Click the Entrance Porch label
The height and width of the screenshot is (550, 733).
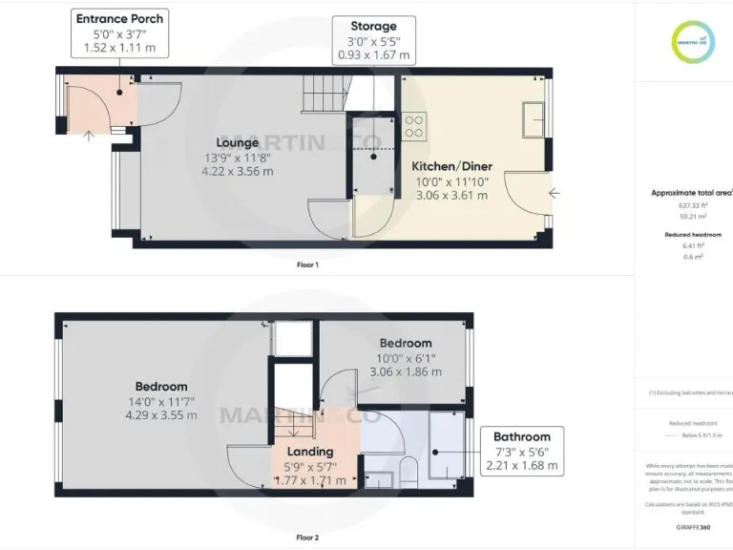119,18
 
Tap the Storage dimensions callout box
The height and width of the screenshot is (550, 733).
373,40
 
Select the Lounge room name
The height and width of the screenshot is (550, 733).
237,142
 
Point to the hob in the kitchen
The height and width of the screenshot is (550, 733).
415,124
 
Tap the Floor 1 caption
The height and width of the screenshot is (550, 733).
307,264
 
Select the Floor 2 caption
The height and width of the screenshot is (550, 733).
307,538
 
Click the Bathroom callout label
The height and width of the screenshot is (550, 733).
521,436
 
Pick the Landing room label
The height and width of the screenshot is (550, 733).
310,451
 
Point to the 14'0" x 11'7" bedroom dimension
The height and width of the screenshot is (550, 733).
161,401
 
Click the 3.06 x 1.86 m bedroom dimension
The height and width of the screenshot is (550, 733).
406,372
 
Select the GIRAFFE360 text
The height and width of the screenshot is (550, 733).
693,526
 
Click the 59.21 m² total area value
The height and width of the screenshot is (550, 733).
692,216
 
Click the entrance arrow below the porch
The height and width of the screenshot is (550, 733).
89,135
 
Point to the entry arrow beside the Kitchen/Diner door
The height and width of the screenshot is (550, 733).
555,193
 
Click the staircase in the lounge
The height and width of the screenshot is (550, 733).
321,92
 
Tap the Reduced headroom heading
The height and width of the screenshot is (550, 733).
693,234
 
